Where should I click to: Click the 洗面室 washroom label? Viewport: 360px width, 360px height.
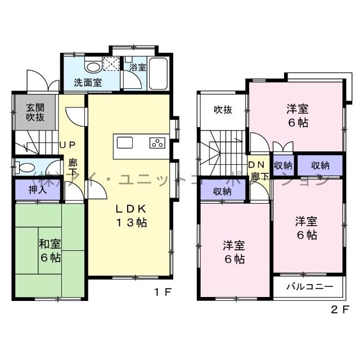point(88,82)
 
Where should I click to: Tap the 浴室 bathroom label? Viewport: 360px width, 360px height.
point(138,67)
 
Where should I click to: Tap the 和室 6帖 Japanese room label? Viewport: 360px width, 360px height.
point(50,251)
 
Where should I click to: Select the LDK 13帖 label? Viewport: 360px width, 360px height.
point(131,215)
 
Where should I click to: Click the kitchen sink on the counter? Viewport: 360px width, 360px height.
point(125,142)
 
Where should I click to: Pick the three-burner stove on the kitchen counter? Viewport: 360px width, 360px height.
point(157,143)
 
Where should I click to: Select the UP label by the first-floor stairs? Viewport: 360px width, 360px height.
point(67,144)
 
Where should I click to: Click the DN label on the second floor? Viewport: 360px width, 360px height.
point(256,165)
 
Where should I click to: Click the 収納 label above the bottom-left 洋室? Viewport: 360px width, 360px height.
point(223,191)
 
